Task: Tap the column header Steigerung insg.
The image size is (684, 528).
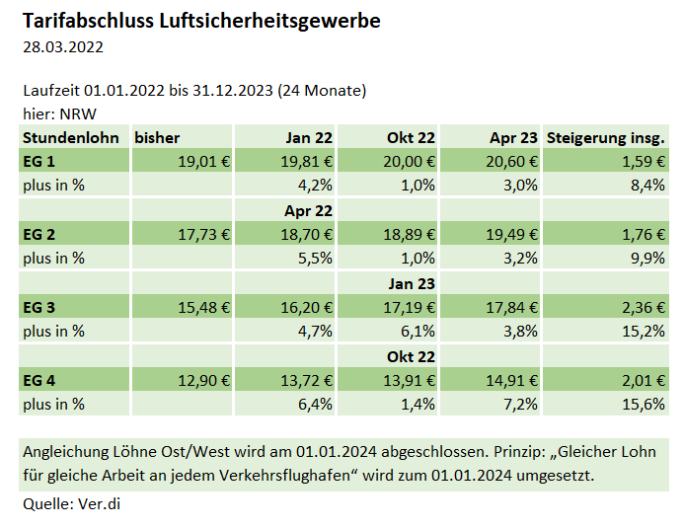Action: pos(605,137)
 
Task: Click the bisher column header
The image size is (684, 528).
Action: pos(157,137)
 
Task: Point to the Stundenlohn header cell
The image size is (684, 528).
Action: pos(70,137)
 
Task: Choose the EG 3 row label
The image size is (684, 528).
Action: pos(38,307)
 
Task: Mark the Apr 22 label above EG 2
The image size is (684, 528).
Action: pos(308,210)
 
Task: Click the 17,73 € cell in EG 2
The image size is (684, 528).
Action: pos(203,234)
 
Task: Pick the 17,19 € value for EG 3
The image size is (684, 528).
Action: pos(408,307)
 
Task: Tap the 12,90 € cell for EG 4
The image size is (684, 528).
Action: pos(203,380)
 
